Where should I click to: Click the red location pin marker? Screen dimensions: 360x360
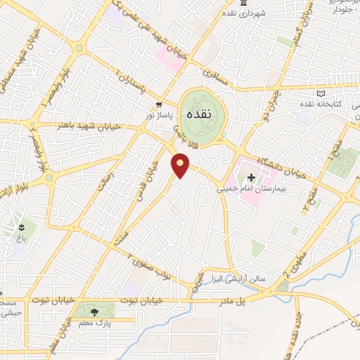(180, 165)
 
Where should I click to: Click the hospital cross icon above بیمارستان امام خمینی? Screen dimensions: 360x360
(251, 177)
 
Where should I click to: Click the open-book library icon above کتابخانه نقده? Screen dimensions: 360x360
(321, 93)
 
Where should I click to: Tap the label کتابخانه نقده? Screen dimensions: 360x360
(337, 104)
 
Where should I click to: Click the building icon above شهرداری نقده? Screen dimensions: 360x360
(243, 4)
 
